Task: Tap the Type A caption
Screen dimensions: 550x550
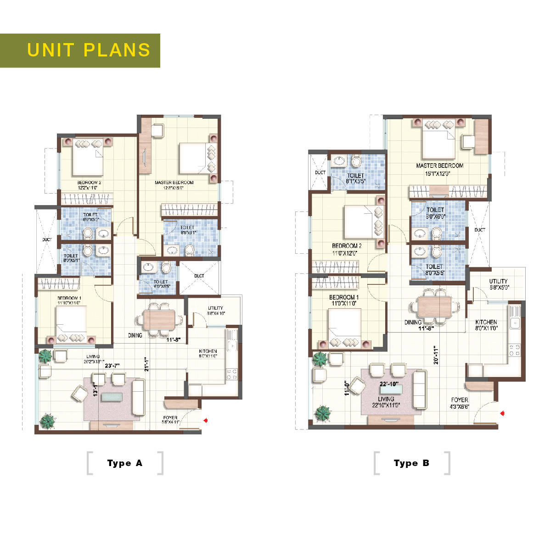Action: tap(125, 463)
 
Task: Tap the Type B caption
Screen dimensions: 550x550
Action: tap(411, 463)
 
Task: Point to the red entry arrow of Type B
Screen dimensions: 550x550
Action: tap(503, 413)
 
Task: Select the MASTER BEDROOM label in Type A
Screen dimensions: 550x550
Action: tap(174, 183)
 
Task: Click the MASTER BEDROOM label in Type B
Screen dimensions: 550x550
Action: tap(439, 166)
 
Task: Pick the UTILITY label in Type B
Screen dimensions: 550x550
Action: tap(498, 281)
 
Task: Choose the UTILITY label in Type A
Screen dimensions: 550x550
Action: tap(215, 308)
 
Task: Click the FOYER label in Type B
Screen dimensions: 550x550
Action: tap(460, 400)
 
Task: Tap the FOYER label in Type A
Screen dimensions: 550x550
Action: tap(170, 418)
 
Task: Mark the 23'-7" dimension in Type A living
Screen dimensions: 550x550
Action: tap(112, 366)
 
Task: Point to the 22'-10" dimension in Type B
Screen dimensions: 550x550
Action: tap(388, 383)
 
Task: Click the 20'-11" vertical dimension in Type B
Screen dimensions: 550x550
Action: tap(436, 355)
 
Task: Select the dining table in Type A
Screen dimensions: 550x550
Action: tap(159, 319)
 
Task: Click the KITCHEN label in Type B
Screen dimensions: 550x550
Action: tap(486, 322)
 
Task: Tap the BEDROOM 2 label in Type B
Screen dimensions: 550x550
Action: tap(347, 246)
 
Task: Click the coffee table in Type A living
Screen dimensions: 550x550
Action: tap(112, 396)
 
